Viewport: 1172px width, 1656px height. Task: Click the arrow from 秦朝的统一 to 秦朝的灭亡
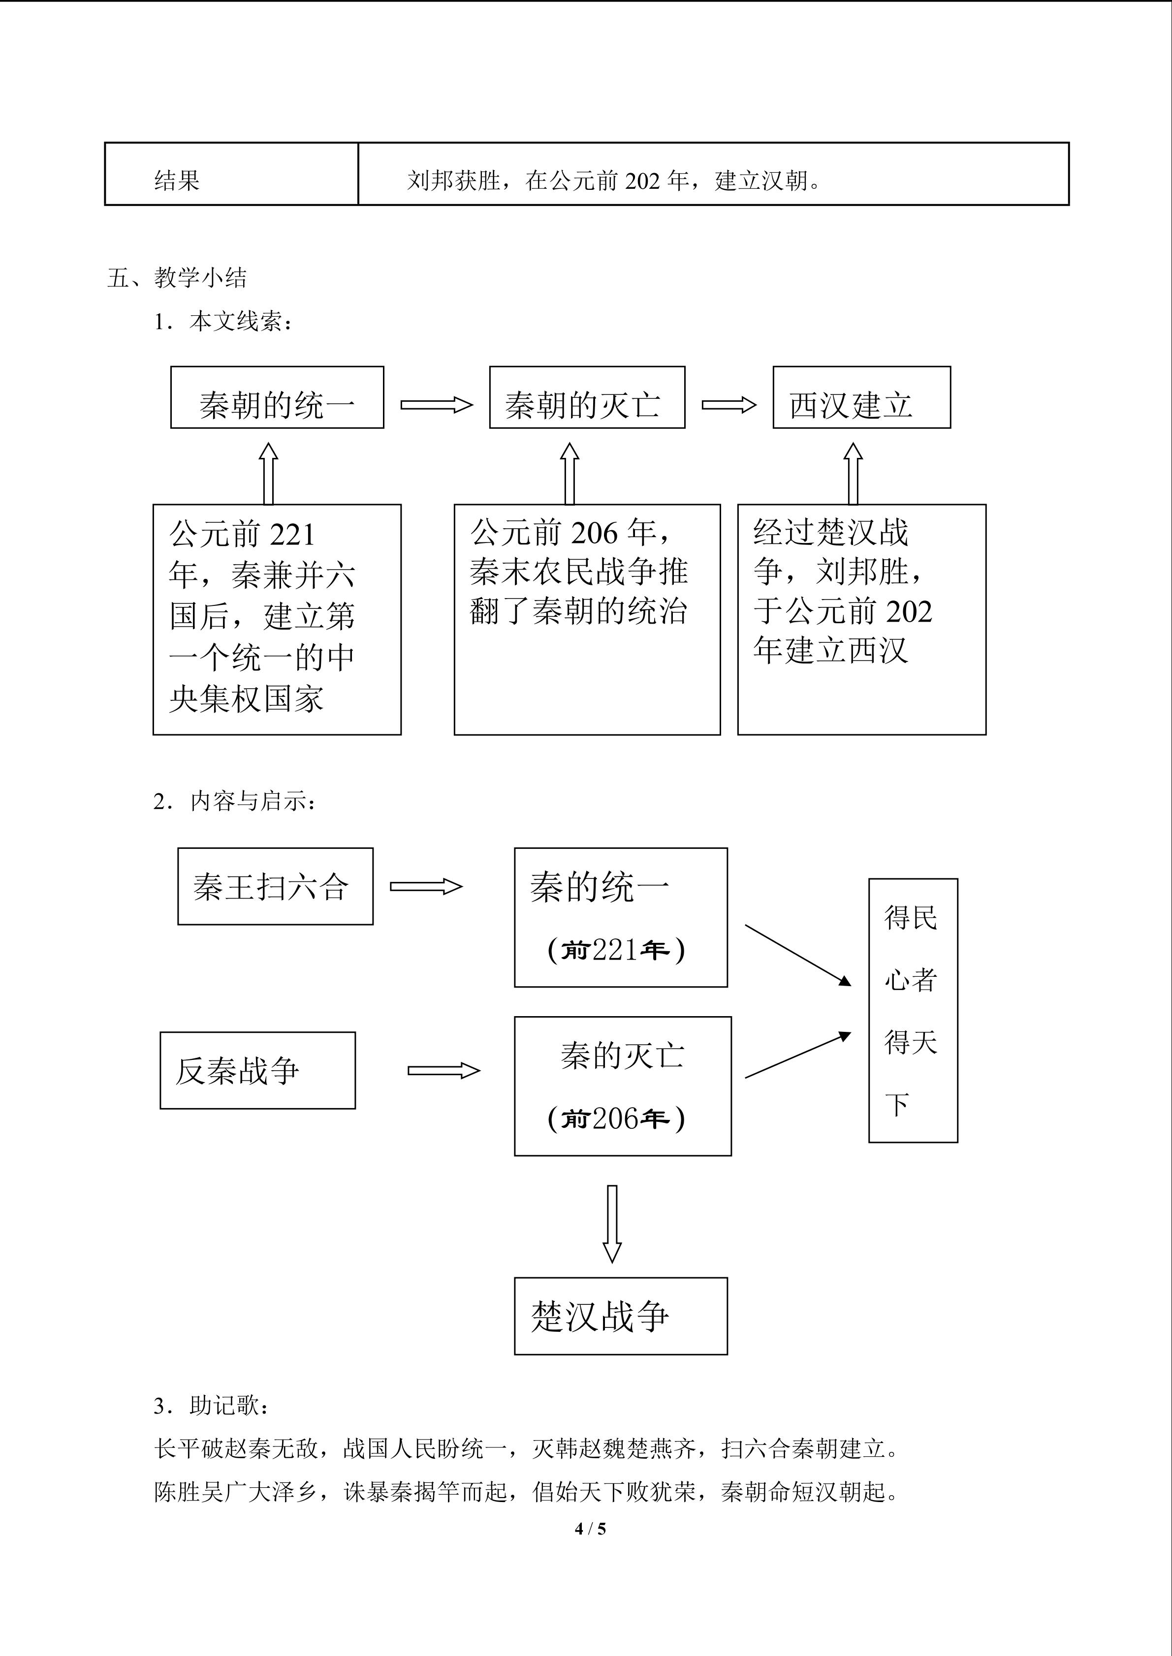(437, 405)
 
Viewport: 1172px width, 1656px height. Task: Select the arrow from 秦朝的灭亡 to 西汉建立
(729, 405)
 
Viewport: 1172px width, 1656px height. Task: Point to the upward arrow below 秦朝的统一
(268, 473)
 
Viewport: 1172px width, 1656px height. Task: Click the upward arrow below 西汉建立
(853, 473)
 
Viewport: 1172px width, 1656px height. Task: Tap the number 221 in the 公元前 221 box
(292, 535)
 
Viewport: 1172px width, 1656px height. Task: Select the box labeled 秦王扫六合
(276, 886)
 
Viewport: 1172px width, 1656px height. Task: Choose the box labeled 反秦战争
(257, 1070)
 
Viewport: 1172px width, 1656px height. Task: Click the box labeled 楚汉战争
(621, 1316)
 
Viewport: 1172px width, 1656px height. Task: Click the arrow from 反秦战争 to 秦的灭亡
(444, 1070)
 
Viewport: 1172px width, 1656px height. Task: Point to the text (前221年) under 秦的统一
(616, 950)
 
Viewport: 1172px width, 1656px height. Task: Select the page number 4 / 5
(590, 1528)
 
